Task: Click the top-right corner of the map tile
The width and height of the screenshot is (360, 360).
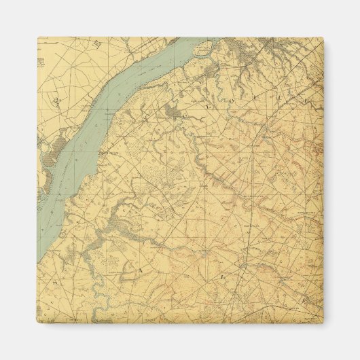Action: (x=323, y=38)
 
